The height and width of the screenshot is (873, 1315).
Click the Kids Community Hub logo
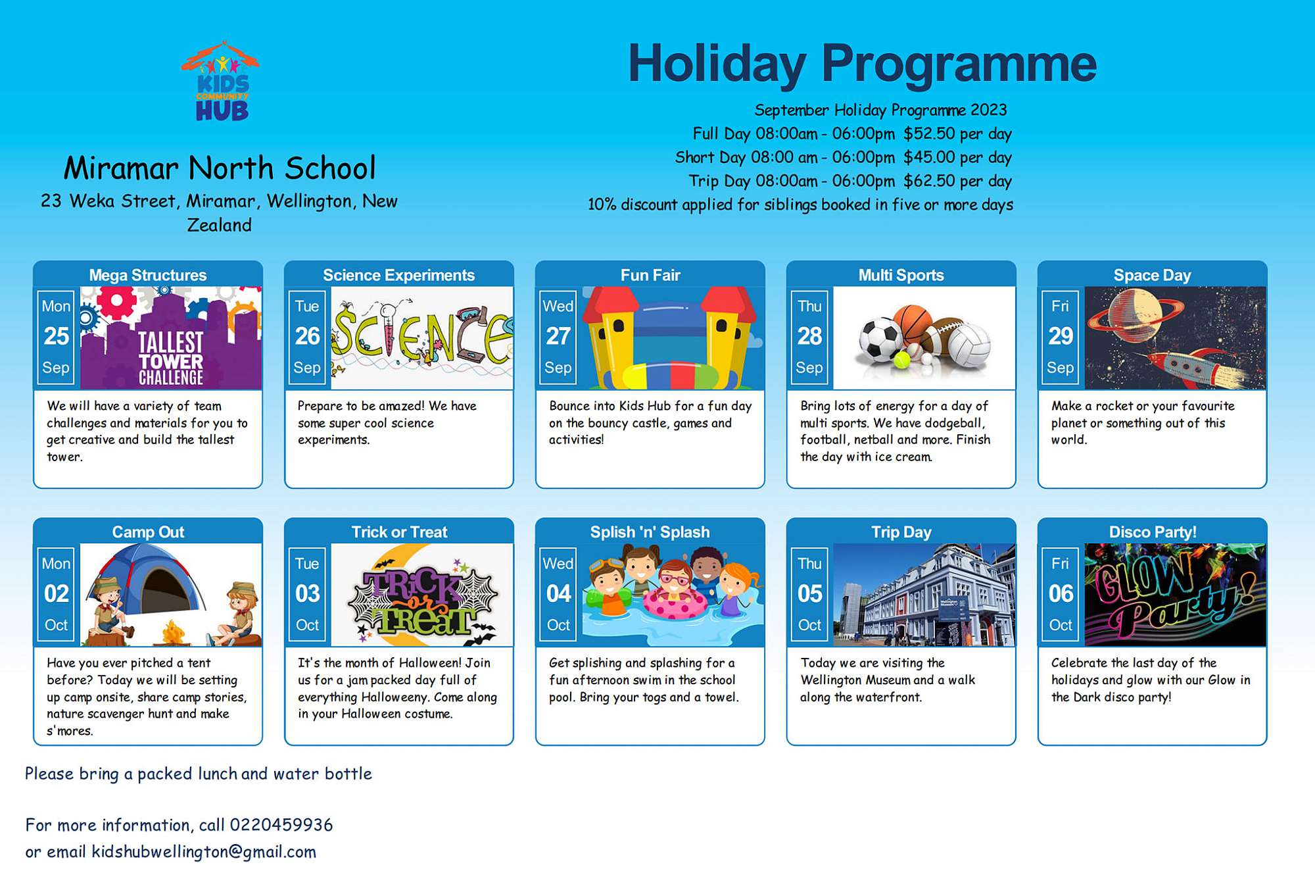coord(220,82)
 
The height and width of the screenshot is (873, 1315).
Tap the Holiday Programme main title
coord(863,64)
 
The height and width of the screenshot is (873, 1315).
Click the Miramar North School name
coord(220,168)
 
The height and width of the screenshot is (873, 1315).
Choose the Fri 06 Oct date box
coord(1061,595)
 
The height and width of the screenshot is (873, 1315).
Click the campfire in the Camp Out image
coord(173,633)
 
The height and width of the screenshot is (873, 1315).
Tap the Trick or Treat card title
coord(399,532)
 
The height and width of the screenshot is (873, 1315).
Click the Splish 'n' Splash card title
coord(650,532)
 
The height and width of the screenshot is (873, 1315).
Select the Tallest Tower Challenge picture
coord(171,337)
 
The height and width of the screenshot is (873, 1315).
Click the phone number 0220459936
coord(281,825)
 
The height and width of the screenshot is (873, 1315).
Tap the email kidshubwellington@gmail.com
coord(204,852)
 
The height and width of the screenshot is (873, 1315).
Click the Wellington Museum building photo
coord(924,595)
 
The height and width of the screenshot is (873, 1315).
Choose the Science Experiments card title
coord(399,275)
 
